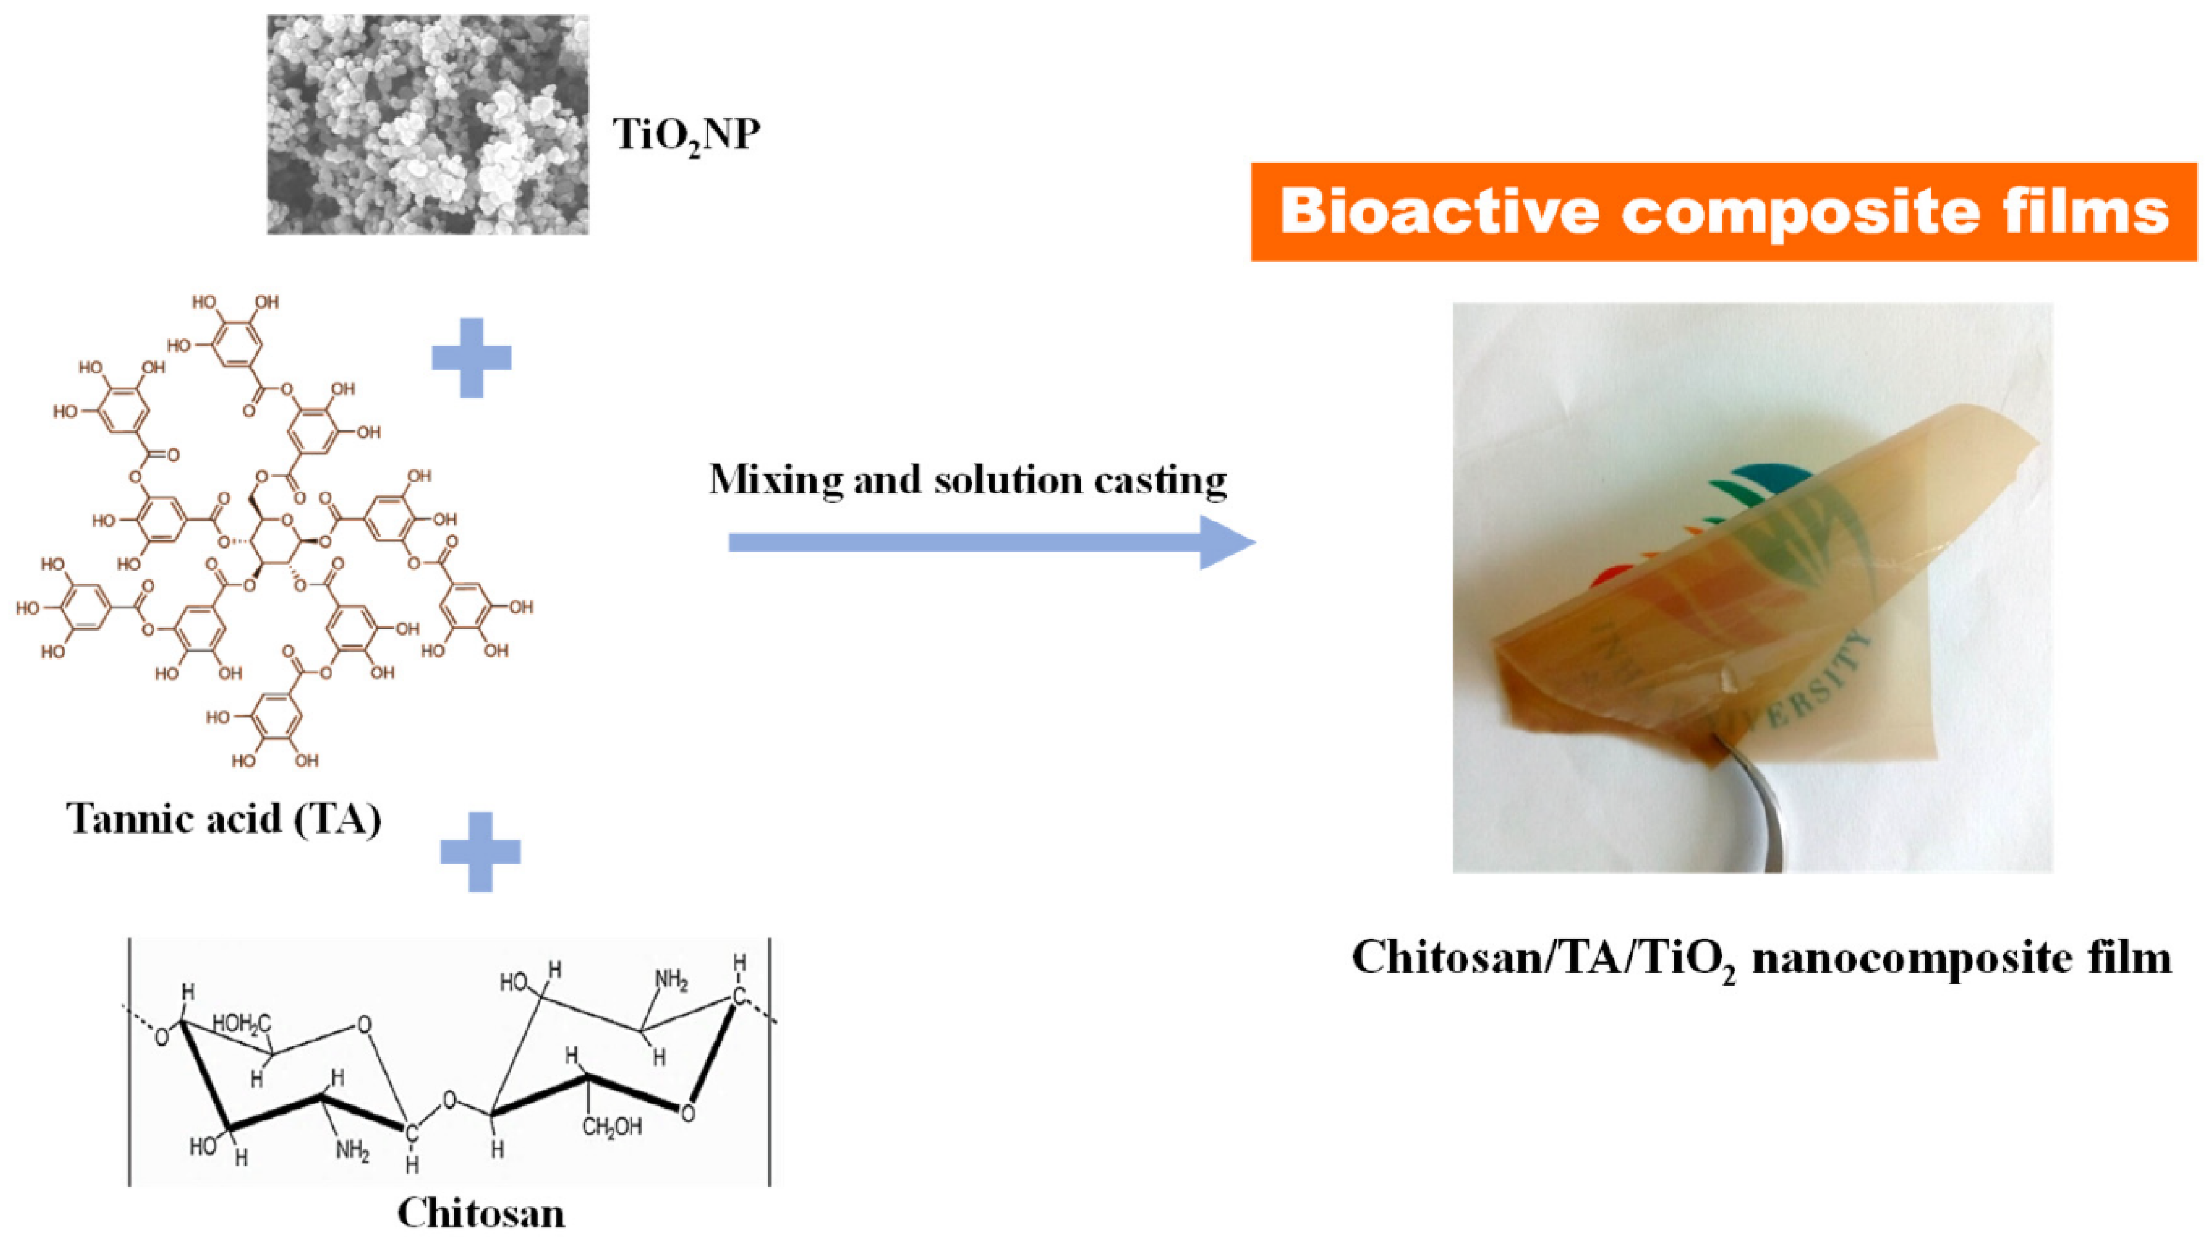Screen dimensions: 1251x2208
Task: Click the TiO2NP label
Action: coord(686,135)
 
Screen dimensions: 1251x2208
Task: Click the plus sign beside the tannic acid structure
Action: coord(471,357)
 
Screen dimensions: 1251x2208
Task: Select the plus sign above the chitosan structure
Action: coord(479,851)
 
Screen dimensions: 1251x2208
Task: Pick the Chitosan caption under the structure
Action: coord(480,1213)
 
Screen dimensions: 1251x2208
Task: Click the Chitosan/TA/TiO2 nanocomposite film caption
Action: coord(1762,957)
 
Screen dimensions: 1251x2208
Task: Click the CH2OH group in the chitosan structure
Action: coord(612,1126)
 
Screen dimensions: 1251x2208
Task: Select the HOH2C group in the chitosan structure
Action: coord(242,1024)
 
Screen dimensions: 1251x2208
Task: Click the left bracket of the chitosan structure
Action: coord(130,1061)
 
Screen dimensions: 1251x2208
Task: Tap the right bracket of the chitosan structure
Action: coord(769,1061)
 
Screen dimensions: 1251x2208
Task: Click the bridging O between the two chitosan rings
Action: coord(449,1099)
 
